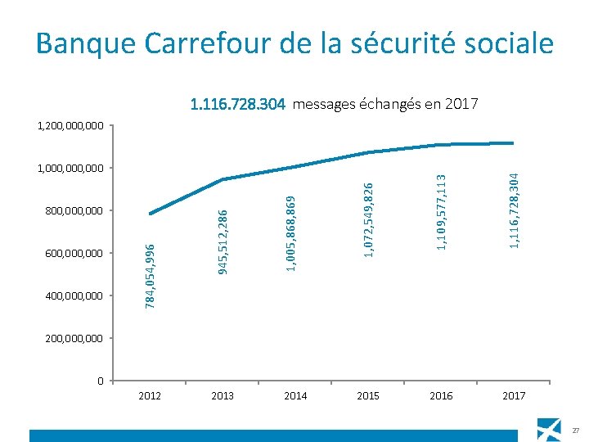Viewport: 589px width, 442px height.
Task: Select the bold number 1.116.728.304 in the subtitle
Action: [x=237, y=105]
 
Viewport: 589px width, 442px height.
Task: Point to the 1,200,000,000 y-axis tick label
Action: [x=70, y=126]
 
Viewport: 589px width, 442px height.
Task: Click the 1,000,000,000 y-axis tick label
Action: [x=70, y=169]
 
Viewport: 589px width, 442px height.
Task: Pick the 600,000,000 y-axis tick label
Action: [x=74, y=254]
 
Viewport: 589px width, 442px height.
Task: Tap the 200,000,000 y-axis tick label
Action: [x=74, y=338]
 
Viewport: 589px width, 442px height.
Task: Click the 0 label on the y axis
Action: [x=100, y=381]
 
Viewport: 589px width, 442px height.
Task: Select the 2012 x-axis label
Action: [x=150, y=396]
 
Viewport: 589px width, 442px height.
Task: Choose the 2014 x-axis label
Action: [x=295, y=396]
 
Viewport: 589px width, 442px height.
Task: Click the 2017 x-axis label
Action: [x=514, y=396]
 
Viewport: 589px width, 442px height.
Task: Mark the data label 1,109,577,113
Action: [x=441, y=211]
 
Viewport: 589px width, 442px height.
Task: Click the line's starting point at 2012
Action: [x=150, y=214]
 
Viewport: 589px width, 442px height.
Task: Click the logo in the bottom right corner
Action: [x=549, y=429]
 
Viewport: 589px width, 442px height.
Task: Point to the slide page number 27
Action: [x=576, y=431]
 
